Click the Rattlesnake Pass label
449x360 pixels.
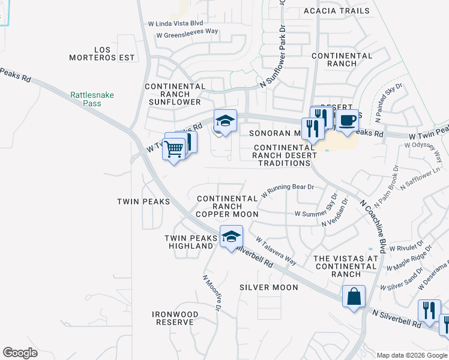[x=92, y=99]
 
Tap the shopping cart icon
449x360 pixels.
[x=173, y=148]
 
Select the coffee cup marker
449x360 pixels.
[x=347, y=120]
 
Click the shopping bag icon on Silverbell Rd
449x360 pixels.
[x=354, y=295]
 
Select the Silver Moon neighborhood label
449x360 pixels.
[x=268, y=287]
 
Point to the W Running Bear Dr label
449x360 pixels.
[x=288, y=191]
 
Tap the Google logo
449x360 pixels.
[x=20, y=353]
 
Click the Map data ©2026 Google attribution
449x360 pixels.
[x=412, y=355]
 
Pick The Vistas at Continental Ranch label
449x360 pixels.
[x=346, y=266]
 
